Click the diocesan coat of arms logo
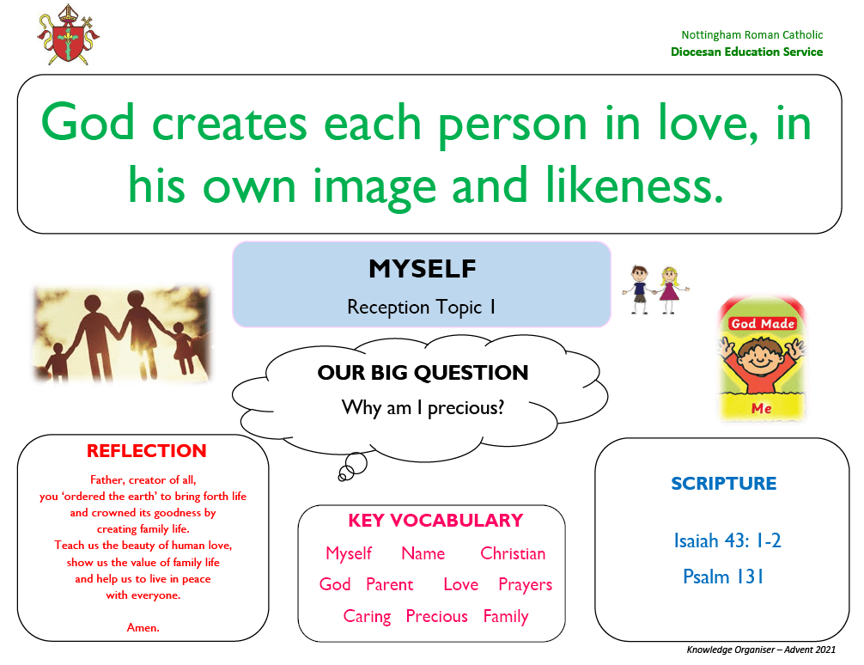[x=69, y=35]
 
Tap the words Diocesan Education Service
[x=746, y=52]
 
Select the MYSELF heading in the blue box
[x=422, y=269]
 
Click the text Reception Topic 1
[x=421, y=307]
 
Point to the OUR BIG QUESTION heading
[x=423, y=373]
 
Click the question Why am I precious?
[x=423, y=408]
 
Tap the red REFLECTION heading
[x=147, y=451]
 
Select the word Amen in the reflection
[x=143, y=627]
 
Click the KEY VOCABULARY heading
[x=435, y=520]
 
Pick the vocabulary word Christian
[x=513, y=553]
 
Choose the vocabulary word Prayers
[x=525, y=585]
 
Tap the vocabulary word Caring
[x=367, y=617]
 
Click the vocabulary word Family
[x=506, y=617]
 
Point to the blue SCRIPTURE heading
[x=723, y=484]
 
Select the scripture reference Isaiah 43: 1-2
[x=727, y=541]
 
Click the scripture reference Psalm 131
[x=723, y=577]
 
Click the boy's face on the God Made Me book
[x=760, y=357]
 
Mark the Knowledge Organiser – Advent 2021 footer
[x=761, y=650]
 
